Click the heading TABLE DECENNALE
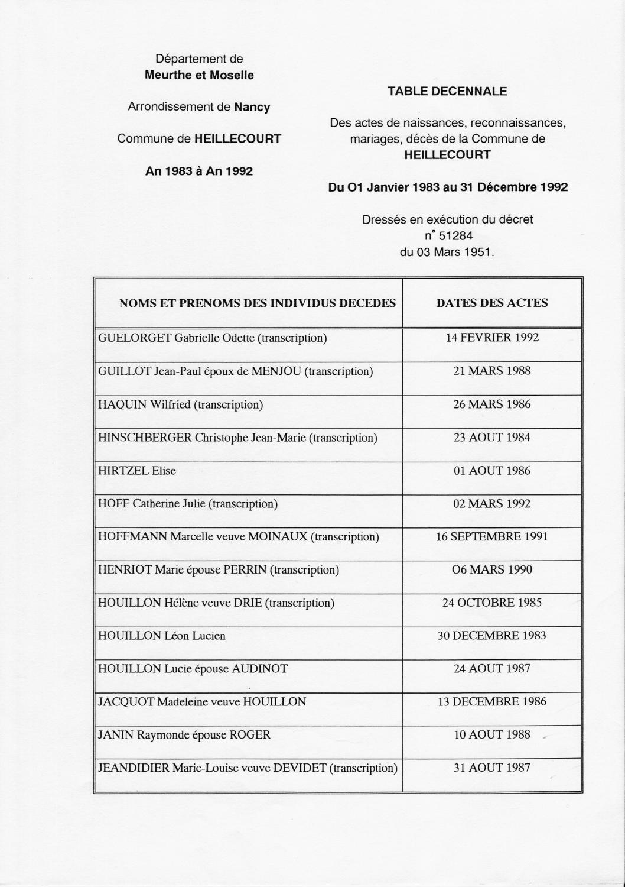[447, 92]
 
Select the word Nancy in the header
[252, 108]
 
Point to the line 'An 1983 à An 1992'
[199, 171]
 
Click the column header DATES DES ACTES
[492, 303]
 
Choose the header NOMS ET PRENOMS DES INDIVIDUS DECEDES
[258, 303]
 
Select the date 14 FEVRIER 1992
[492, 338]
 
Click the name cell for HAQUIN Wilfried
[181, 405]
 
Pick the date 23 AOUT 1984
[492, 438]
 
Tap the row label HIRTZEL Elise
[137, 471]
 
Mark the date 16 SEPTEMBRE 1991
[492, 537]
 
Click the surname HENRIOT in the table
[125, 570]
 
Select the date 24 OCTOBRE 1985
[492, 603]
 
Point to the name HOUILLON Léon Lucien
[162, 636]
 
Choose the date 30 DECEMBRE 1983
[492, 636]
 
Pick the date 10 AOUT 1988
[492, 735]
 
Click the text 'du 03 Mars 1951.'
[447, 252]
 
